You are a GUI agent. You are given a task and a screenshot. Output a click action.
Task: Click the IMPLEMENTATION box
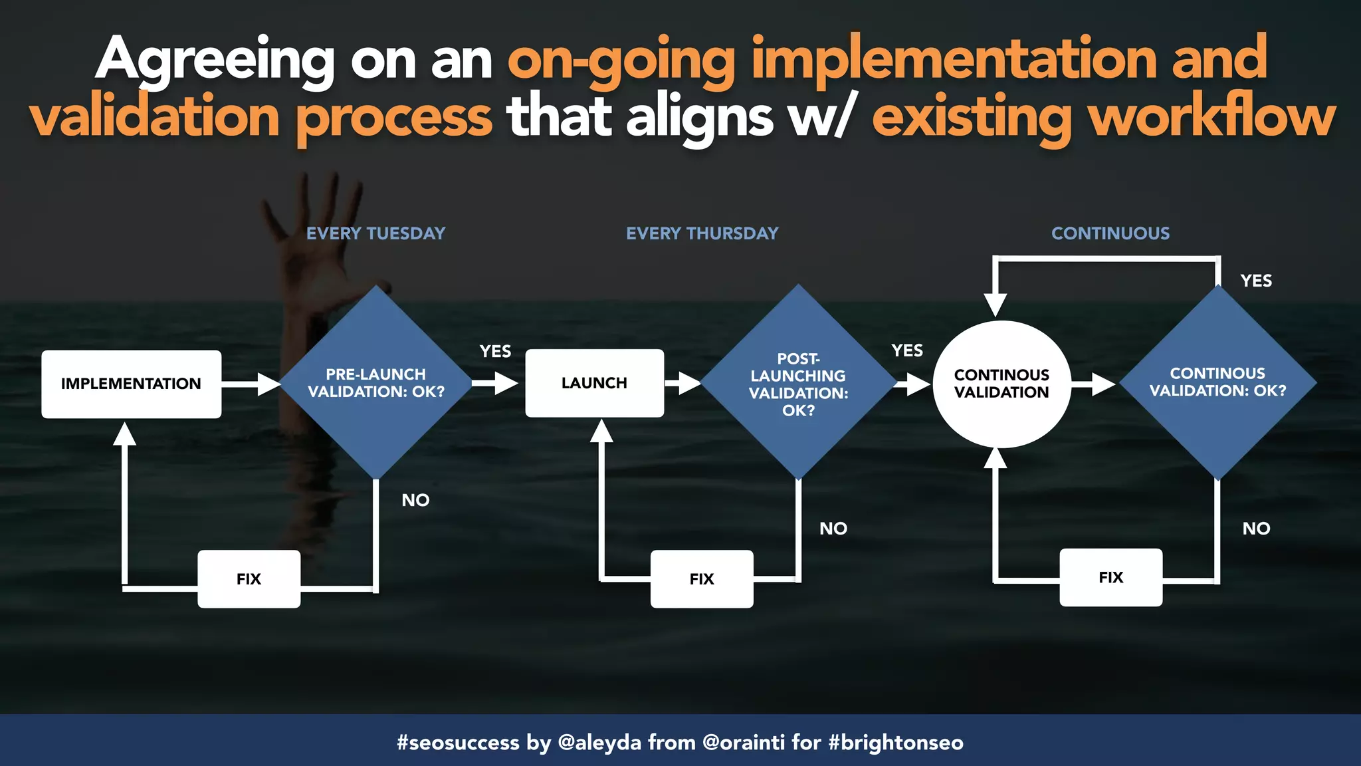click(x=131, y=384)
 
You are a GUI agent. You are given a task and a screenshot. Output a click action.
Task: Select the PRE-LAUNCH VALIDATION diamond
click(x=376, y=383)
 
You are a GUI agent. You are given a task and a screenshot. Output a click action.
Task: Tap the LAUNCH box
click(x=594, y=383)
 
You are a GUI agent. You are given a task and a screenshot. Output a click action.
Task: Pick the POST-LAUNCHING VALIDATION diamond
click(x=798, y=384)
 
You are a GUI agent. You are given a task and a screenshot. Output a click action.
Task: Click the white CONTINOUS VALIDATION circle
click(x=1001, y=384)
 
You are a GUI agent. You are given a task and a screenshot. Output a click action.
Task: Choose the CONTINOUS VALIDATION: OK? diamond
click(x=1217, y=382)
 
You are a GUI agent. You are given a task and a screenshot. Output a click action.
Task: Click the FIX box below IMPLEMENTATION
click(x=249, y=578)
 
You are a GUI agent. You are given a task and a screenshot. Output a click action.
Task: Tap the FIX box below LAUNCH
click(x=702, y=578)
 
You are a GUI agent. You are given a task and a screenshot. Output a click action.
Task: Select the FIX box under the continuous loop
click(x=1110, y=577)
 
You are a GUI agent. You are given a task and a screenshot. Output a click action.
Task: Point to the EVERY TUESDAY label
click(x=375, y=233)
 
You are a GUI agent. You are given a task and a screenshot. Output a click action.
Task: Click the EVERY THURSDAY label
click(x=702, y=233)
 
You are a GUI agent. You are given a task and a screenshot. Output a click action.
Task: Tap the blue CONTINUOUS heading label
click(x=1110, y=233)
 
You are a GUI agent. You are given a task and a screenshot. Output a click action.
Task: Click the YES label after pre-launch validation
click(x=495, y=351)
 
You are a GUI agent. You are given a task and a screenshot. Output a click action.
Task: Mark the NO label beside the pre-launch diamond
click(x=415, y=500)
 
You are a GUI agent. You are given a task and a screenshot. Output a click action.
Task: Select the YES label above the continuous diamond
click(x=1256, y=281)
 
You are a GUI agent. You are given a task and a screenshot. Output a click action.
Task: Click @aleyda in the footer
click(x=599, y=741)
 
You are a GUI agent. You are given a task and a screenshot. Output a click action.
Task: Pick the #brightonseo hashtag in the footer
click(x=896, y=741)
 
